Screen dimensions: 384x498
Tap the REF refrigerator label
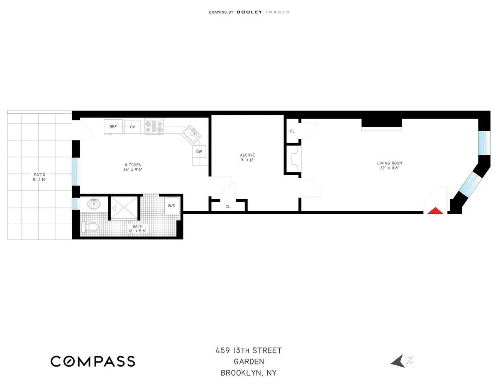click(113, 127)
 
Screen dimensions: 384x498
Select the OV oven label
click(132, 127)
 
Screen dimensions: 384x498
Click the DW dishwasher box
click(199, 152)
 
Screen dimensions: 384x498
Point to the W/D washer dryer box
click(171, 206)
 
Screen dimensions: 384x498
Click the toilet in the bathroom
click(90, 227)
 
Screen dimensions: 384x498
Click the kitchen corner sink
click(191, 133)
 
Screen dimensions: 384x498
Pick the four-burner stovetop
click(154, 126)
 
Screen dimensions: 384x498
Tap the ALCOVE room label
click(247, 155)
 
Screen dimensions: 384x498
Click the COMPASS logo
click(93, 361)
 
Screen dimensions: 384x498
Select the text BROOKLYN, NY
click(248, 373)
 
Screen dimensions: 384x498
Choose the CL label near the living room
click(292, 131)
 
